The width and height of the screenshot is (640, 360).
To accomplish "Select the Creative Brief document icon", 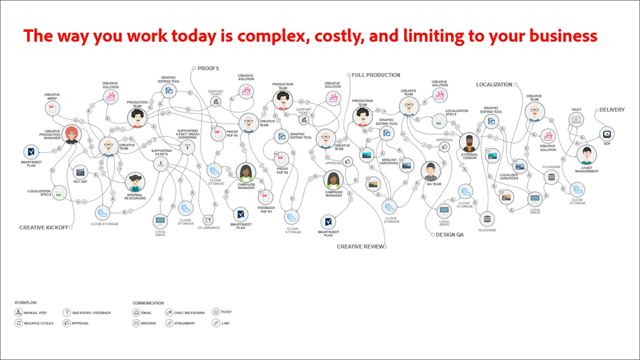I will (53, 109).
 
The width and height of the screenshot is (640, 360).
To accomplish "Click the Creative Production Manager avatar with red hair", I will (72, 134).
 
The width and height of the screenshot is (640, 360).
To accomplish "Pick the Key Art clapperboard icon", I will (81, 173).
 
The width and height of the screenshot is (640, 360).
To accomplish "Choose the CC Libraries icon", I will (208, 220).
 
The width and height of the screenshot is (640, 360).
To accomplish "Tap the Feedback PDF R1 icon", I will (266, 198).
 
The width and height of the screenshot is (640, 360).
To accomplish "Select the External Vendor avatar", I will (469, 143).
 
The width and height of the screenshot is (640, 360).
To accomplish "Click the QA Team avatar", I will (431, 170).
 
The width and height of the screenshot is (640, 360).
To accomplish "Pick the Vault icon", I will (577, 120).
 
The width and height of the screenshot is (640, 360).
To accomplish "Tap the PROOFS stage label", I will (208, 68).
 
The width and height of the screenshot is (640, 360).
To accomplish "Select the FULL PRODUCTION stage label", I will (376, 75).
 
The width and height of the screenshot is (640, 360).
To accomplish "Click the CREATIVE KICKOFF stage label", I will (44, 228).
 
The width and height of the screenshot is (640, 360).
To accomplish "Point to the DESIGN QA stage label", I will (449, 235).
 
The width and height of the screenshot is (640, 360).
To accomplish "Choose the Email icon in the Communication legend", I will (137, 313).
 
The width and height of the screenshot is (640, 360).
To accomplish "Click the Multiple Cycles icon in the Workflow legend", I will (19, 323).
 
